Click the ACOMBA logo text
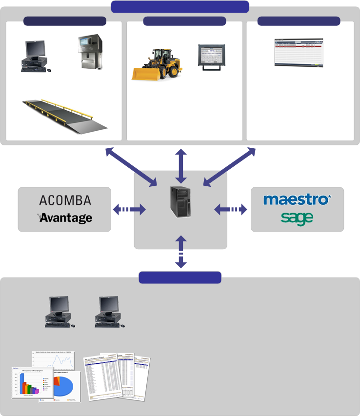(x=65, y=200)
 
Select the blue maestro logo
(x=297, y=200)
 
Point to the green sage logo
(x=297, y=218)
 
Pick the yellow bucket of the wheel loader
(x=147, y=74)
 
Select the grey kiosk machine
(x=91, y=53)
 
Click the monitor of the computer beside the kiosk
(x=36, y=49)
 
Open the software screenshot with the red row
(x=299, y=52)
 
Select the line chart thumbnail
(x=55, y=360)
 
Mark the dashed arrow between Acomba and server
(x=129, y=210)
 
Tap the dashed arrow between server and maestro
(x=231, y=210)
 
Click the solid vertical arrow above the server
(x=181, y=166)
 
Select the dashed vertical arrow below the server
(x=181, y=252)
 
